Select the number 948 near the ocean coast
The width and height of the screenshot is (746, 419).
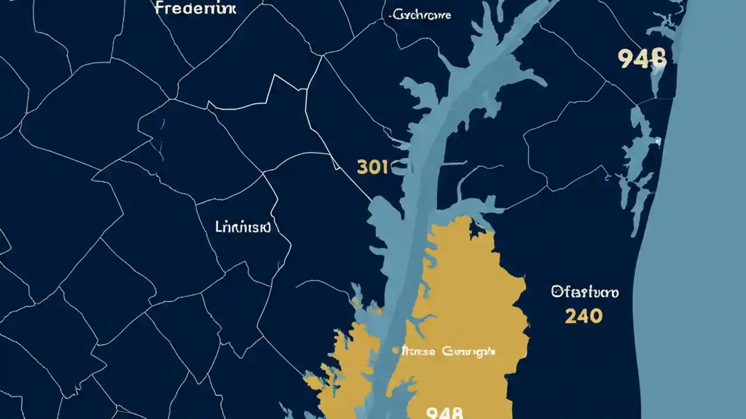coord(642,58)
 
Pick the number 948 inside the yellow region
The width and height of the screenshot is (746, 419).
coord(445,412)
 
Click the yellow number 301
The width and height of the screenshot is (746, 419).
coord(372,168)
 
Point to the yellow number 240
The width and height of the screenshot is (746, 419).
coord(583,316)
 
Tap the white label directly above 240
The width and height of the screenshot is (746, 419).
coord(585,292)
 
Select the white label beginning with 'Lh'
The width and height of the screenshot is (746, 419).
coord(243,227)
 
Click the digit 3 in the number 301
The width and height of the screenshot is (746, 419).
coord(362,168)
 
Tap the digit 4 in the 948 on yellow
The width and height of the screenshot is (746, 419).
coord(445,412)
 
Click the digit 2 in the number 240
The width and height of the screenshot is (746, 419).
coord(571,316)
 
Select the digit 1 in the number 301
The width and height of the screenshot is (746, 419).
coord(383,168)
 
